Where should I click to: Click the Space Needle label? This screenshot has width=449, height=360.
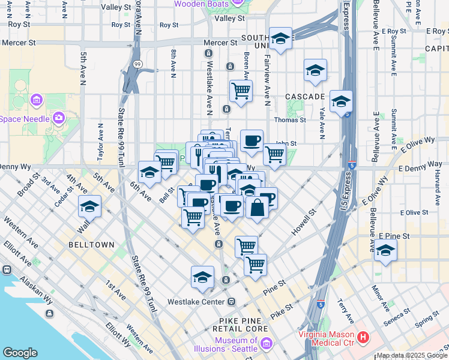25,119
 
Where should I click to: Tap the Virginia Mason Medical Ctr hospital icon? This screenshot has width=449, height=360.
363,338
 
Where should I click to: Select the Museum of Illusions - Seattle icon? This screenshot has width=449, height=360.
267,344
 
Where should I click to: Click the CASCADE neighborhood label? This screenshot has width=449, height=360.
305,96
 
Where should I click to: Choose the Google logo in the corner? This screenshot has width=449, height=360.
20,353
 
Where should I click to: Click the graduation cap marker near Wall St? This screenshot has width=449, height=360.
90,206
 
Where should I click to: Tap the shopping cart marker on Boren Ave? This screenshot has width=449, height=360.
241,91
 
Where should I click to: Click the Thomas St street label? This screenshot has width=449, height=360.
291,120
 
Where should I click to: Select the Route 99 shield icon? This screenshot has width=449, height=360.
137,64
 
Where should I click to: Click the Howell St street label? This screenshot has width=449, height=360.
304,221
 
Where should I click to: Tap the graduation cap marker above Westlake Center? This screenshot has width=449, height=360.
203,277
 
